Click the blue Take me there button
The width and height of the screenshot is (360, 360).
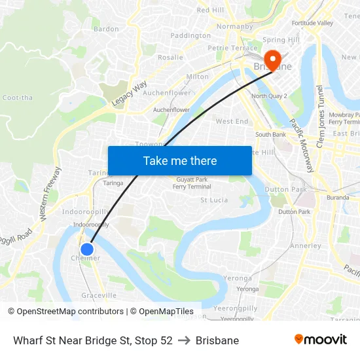pos(180,160)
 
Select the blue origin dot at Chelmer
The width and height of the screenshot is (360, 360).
pos(86,249)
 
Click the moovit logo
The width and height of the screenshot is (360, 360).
pos(320,340)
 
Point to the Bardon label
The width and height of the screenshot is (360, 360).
pos(106,29)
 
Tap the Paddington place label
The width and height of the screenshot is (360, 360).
pos(190,35)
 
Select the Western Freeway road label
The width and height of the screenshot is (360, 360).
pos(50,192)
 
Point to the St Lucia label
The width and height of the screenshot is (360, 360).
pos(213,200)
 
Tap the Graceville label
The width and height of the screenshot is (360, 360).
pos(99,295)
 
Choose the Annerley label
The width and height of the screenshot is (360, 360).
pos(305,246)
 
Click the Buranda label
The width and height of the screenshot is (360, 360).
pos(338,197)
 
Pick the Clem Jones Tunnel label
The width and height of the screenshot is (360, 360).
pos(320,117)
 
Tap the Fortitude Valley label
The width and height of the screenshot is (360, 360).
pos(312,23)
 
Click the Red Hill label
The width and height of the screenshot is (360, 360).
pos(211,10)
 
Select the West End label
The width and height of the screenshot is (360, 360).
pos(232,121)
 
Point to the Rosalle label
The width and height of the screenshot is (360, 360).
pos(170,57)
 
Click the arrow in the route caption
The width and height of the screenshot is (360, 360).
pos(184,340)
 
